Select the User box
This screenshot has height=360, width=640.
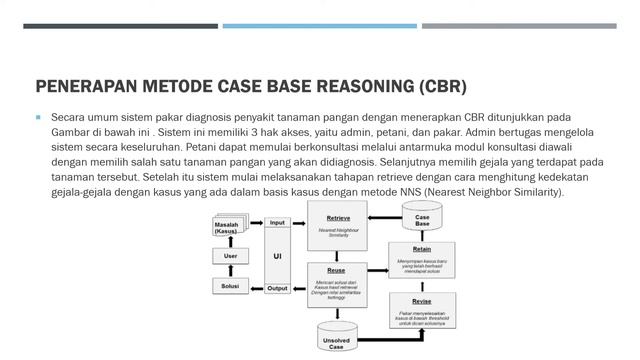229,256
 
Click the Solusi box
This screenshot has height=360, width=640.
229,287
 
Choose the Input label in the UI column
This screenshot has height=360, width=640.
277,222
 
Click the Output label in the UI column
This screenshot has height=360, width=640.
277,288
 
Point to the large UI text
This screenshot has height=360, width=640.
277,256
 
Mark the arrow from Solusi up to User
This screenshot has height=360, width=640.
229,272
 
